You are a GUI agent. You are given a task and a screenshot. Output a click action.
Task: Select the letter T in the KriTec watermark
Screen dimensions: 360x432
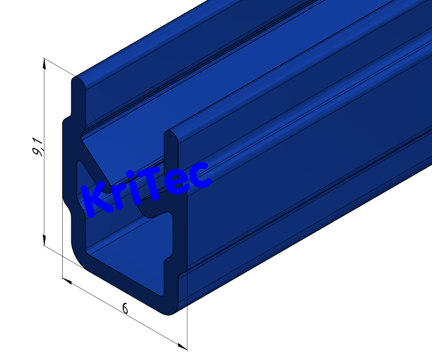pos(150,184)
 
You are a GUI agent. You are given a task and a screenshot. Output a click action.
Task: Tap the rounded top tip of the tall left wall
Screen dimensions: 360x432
pos(78,81)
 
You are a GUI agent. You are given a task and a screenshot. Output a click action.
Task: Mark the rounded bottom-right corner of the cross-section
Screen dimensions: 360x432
pos(173,310)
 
